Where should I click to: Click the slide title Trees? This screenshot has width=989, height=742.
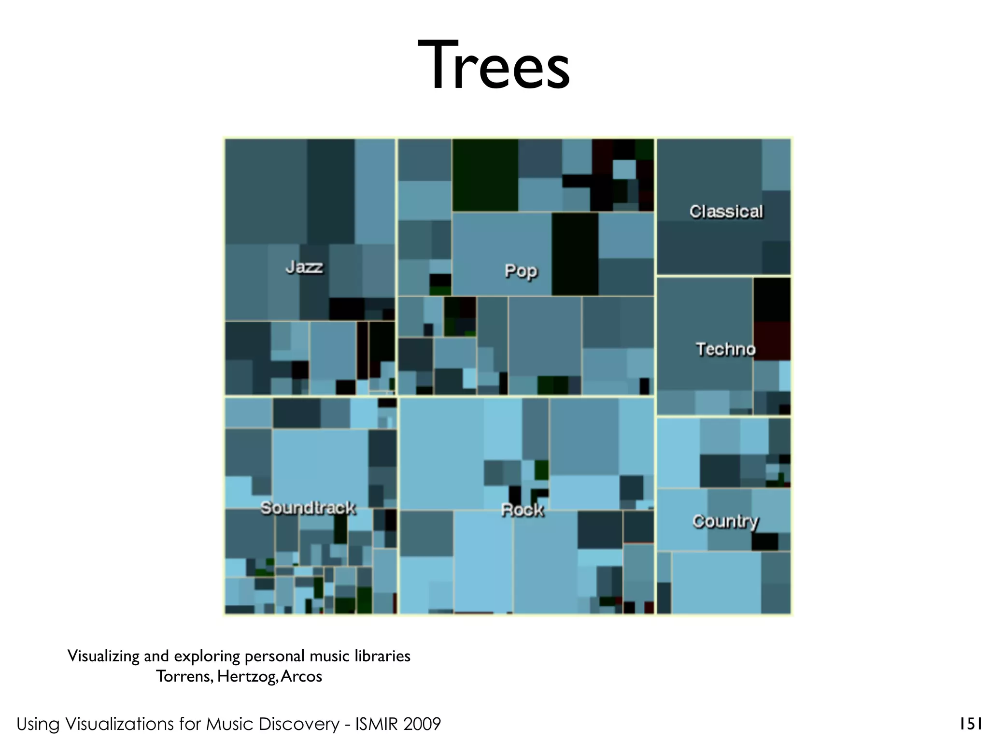click(x=494, y=66)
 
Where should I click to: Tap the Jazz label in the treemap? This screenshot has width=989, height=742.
click(x=304, y=267)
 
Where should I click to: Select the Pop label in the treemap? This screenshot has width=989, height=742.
click(x=521, y=271)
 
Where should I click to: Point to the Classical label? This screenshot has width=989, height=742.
click(x=726, y=212)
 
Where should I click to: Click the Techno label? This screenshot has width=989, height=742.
click(x=725, y=349)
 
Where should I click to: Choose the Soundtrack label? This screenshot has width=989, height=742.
click(x=308, y=508)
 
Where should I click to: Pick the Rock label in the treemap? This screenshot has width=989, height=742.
click(x=522, y=510)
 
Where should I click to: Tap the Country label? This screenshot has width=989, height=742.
click(x=725, y=521)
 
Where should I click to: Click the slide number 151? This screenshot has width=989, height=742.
click(x=970, y=724)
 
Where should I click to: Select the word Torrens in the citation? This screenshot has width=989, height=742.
click(x=184, y=676)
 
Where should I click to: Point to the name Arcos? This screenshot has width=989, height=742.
click(x=301, y=676)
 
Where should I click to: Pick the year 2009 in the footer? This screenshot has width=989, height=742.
click(x=422, y=724)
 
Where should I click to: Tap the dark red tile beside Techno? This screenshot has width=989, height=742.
click(x=772, y=341)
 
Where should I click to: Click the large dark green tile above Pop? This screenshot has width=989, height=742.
click(x=485, y=175)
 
